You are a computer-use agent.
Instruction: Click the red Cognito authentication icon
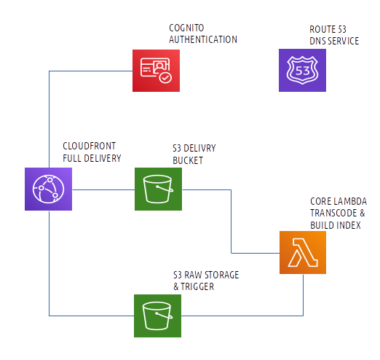(x=156, y=71)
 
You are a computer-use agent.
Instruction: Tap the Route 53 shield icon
(x=302, y=70)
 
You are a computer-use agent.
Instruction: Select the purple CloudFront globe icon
(x=48, y=189)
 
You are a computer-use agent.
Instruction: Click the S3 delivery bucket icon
(x=158, y=189)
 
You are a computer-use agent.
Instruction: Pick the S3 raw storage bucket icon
(x=157, y=316)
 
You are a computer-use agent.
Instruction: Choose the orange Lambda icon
(x=303, y=252)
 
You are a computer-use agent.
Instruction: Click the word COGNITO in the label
(x=186, y=28)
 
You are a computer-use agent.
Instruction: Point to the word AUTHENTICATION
(x=203, y=39)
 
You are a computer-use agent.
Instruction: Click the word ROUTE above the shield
(x=322, y=29)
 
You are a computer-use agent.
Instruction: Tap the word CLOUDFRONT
(x=90, y=146)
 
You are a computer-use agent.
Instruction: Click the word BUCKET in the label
(x=188, y=160)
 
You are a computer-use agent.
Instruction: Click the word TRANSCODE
(x=333, y=213)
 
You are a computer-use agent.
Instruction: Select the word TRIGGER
(x=197, y=286)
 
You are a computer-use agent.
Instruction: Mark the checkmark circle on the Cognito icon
(x=165, y=78)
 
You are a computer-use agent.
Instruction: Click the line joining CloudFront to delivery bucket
(x=103, y=189)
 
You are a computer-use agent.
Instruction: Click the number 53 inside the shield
(x=302, y=71)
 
